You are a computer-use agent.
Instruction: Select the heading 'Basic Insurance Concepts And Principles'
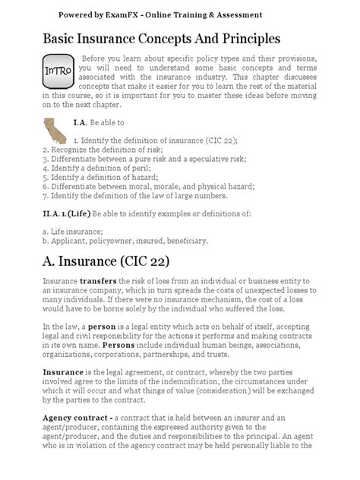(x=161, y=38)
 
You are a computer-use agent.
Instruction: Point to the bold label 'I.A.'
(x=82, y=121)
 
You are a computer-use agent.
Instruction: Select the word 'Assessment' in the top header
(x=235, y=14)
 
